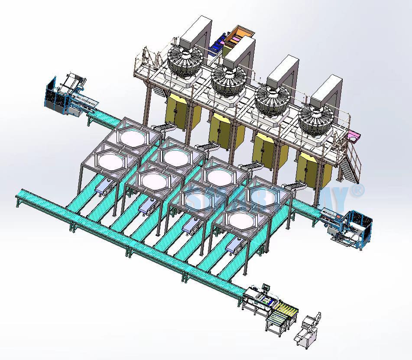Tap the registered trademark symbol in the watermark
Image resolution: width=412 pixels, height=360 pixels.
359,189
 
